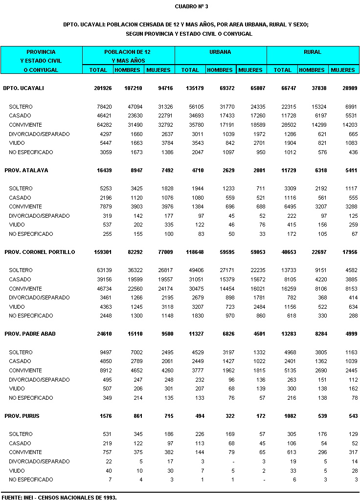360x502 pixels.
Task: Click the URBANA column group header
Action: click(x=221, y=52)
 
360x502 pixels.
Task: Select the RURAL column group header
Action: click(x=313, y=52)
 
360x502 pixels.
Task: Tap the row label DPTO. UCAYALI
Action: click(x=23, y=88)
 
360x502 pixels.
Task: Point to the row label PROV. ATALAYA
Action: click(x=26, y=170)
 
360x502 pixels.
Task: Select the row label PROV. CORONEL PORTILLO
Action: click(x=40, y=252)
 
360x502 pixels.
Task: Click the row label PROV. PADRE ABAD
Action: click(x=30, y=334)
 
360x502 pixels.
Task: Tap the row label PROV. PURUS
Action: click(x=22, y=416)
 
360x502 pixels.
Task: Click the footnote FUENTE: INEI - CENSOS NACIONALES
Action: click(x=59, y=497)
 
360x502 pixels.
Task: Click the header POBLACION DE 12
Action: click(x=128, y=52)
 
